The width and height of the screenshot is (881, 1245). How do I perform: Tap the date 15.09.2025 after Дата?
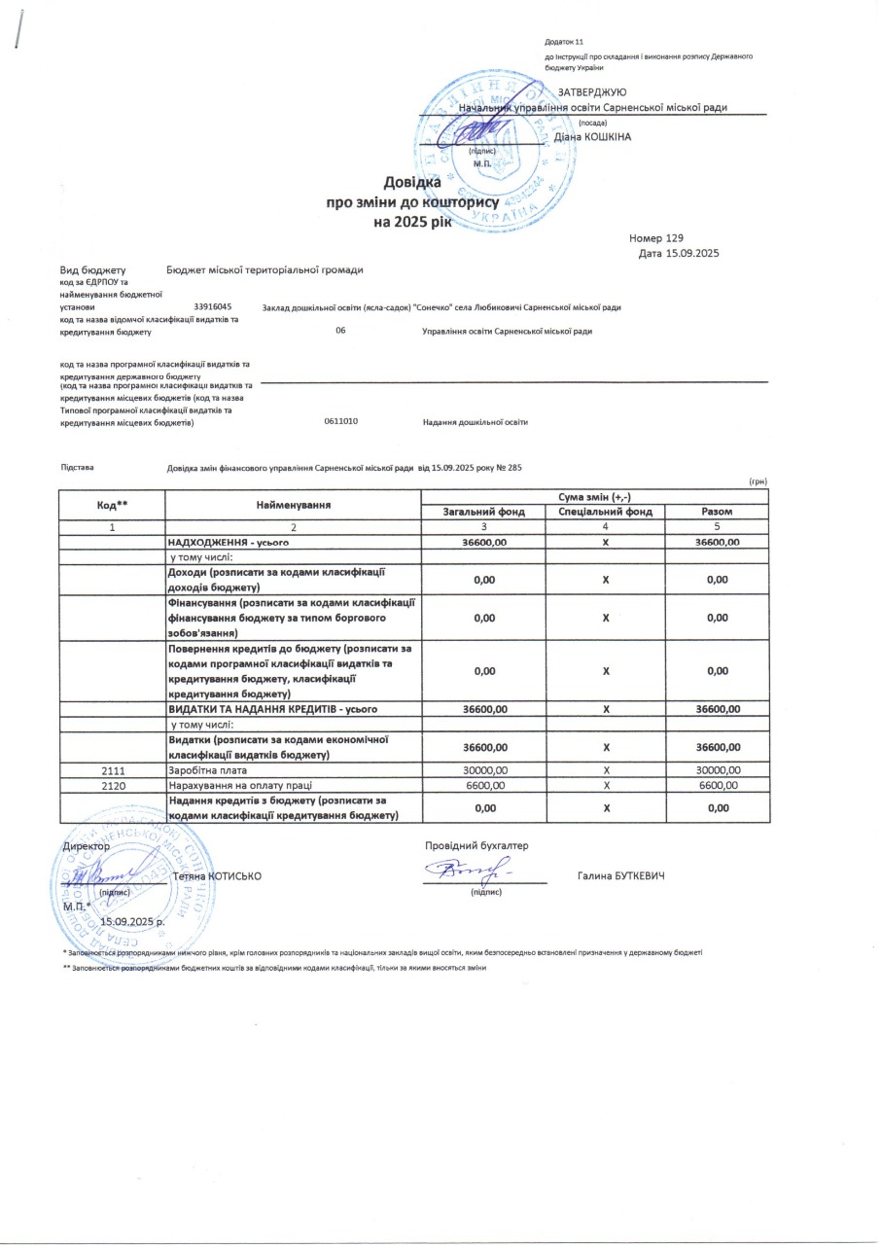click(691, 254)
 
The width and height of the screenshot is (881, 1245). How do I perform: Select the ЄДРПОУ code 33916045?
click(213, 306)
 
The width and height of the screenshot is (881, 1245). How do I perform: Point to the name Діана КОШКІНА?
click(592, 137)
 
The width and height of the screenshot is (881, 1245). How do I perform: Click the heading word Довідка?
click(412, 182)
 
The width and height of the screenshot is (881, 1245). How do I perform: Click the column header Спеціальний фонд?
click(605, 512)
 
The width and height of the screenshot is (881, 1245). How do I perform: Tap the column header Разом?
click(717, 512)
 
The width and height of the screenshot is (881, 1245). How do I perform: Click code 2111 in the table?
click(112, 770)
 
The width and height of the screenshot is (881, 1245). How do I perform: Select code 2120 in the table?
click(112, 785)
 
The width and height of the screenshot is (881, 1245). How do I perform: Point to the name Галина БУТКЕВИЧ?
click(620, 876)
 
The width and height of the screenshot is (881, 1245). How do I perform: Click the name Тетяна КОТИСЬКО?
click(216, 876)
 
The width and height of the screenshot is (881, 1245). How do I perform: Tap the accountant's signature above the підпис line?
click(476, 871)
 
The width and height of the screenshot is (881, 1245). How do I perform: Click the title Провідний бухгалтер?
click(476, 845)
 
